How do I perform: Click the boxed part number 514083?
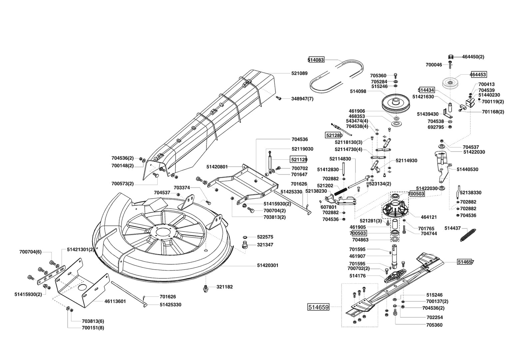316,60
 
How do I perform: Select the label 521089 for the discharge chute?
299,73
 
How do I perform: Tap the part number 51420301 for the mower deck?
268,265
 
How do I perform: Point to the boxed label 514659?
318,307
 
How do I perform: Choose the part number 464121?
429,217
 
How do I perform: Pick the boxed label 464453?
478,74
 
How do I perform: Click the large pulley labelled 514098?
396,104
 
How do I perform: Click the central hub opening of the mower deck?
163,232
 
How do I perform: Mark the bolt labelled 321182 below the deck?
206,288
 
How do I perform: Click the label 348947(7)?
302,99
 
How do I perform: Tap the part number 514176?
357,276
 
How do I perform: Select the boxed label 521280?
334,135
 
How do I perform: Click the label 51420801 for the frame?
217,167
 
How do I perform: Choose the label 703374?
182,188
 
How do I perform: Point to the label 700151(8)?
93,328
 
